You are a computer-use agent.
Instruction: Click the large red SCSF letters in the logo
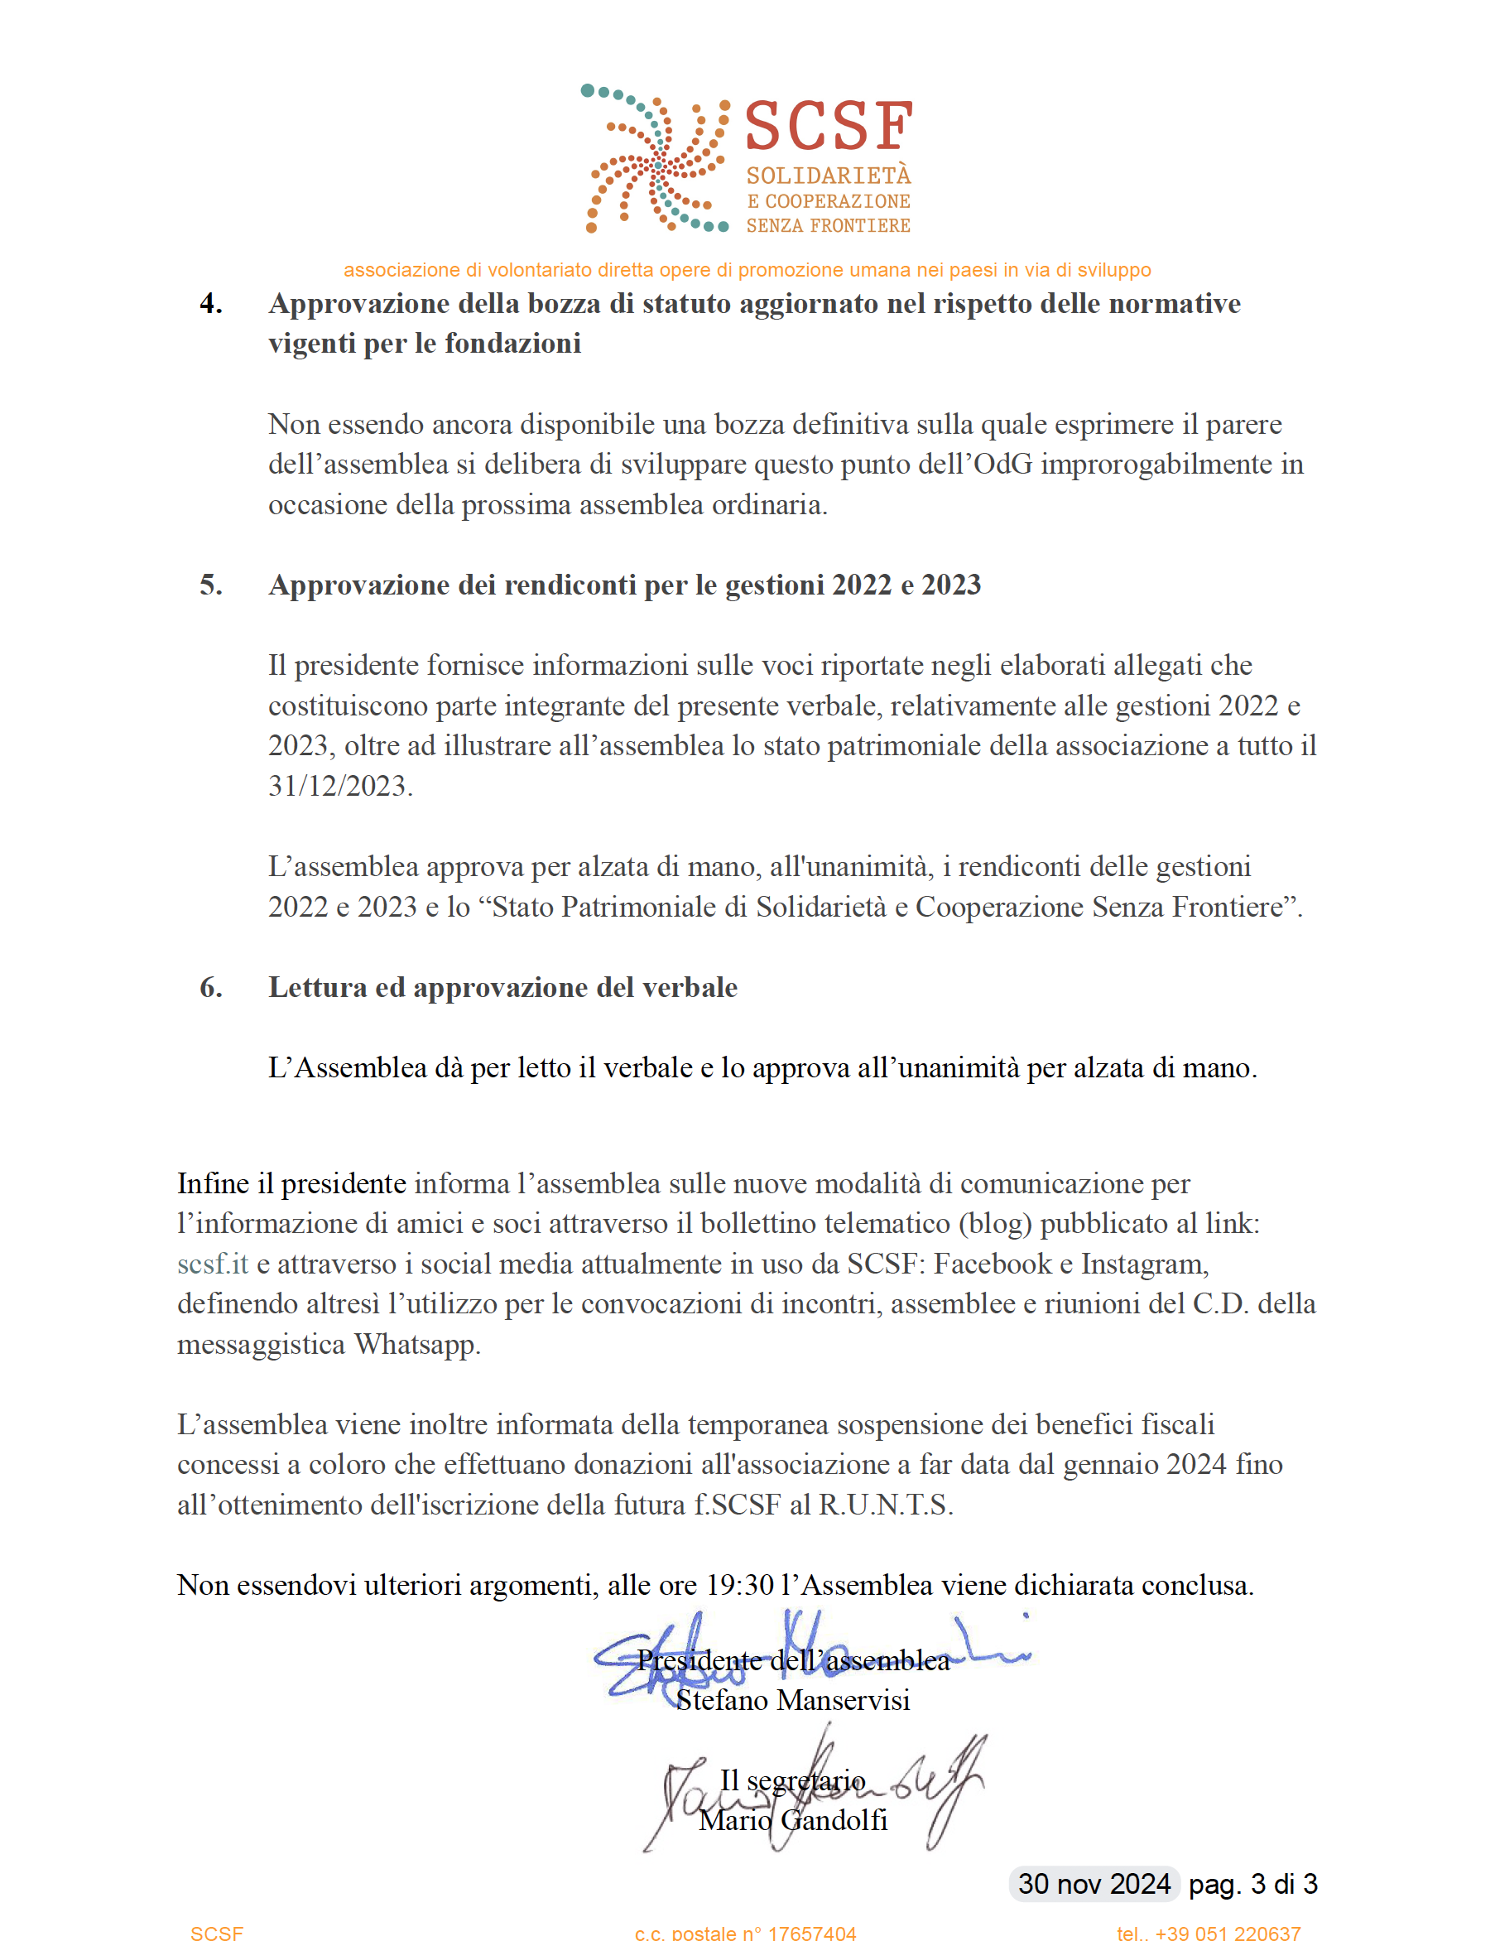828,126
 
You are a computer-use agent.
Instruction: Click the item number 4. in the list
210,304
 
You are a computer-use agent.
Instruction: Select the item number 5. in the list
210,585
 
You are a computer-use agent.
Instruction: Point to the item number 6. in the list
210,987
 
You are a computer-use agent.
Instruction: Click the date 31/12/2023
339,787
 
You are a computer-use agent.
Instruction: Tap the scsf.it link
212,1264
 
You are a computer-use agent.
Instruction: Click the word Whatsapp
416,1344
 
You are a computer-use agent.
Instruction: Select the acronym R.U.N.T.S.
885,1505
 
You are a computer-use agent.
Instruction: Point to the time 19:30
739,1585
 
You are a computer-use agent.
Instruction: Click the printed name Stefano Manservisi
792,1700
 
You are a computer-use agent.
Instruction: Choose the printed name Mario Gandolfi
792,1820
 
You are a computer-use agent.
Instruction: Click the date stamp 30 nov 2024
1094,1883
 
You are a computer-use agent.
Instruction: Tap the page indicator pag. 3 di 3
1252,1883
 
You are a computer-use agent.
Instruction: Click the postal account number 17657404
812,1933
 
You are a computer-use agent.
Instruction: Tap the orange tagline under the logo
747,270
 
